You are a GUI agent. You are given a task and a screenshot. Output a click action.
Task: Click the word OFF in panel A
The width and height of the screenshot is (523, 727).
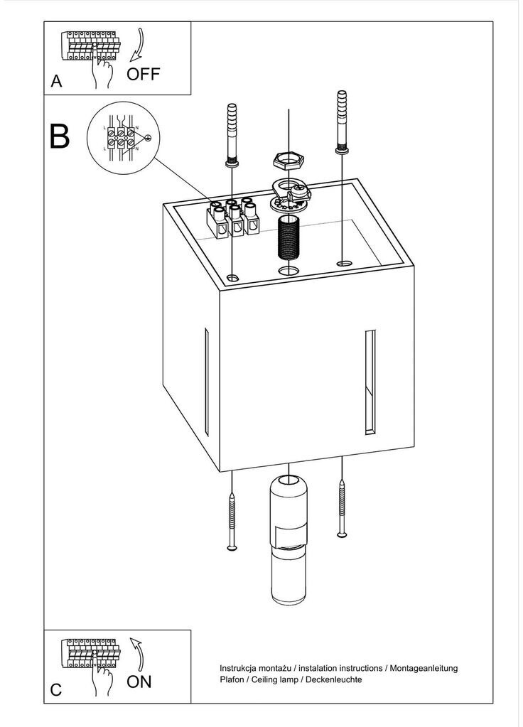144,74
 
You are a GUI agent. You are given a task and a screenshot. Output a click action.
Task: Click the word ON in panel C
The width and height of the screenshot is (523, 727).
139,682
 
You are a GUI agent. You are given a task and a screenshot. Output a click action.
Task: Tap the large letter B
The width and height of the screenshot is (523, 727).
60,136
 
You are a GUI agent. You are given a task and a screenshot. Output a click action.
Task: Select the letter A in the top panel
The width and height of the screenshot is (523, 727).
56,81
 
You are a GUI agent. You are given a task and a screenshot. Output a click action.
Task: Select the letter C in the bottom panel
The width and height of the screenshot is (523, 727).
56,690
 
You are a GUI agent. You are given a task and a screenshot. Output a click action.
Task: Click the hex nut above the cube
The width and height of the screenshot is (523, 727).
289,161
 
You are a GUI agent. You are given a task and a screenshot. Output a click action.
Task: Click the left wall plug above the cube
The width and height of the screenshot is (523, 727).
232,136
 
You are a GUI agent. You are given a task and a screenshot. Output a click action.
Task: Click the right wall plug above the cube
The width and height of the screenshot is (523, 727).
342,122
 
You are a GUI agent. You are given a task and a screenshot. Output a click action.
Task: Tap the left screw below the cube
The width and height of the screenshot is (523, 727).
232,521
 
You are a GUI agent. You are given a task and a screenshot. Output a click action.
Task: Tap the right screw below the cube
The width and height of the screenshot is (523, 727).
342,509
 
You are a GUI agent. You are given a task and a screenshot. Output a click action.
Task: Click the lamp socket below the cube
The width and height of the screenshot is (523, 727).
289,540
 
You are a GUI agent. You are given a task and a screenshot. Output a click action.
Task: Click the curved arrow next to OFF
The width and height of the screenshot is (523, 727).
138,45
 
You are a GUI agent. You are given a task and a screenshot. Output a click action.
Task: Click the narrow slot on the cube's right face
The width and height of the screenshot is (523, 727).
370,382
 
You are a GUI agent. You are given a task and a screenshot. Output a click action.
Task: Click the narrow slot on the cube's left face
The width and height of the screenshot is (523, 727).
206,382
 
